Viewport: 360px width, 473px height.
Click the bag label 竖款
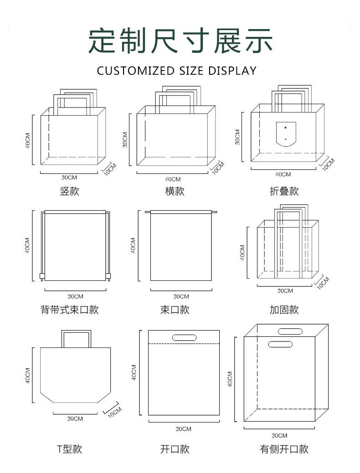click(69, 191)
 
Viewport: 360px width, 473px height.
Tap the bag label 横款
click(175, 191)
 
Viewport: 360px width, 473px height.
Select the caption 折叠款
click(284, 191)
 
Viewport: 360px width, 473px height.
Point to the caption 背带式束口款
click(70, 310)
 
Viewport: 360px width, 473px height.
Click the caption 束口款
click(175, 310)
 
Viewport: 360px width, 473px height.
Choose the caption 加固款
click(284, 310)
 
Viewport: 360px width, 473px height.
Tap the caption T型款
click(70, 449)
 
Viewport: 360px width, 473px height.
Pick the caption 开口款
click(175, 449)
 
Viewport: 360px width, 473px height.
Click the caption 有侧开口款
click(284, 449)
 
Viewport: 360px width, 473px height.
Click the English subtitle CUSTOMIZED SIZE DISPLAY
click(177, 71)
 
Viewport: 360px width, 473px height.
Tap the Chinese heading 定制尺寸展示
click(180, 41)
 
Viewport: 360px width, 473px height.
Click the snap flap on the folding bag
click(286, 134)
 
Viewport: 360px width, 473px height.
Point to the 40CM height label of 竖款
click(28, 140)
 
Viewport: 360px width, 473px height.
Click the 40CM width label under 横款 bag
click(173, 179)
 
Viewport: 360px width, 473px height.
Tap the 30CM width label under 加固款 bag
click(285, 291)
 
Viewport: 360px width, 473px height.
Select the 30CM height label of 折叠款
click(237, 137)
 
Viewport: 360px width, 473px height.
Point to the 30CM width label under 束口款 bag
click(181, 296)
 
